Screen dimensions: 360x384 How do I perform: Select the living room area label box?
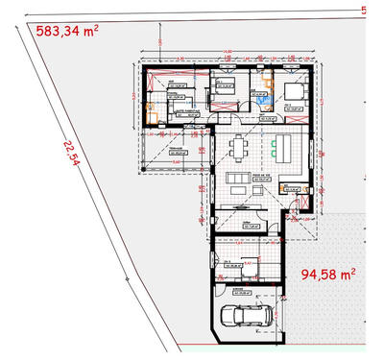(239, 178)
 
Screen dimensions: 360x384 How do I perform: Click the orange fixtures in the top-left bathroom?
(150, 110)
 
